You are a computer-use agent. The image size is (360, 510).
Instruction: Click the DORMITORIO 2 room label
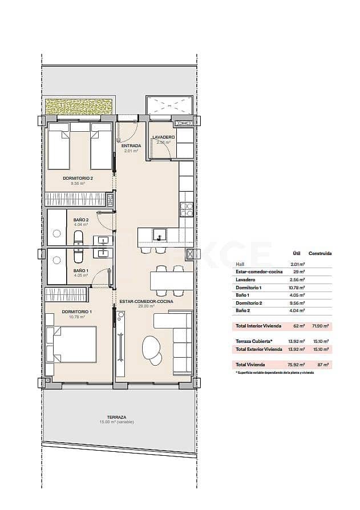coord(78,178)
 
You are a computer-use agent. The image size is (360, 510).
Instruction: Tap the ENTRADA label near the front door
coord(131,146)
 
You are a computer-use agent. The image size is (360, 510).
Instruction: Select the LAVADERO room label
coord(163,137)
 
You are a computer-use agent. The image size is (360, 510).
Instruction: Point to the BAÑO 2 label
coord(81,220)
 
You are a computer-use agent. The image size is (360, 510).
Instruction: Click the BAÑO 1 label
coord(81,270)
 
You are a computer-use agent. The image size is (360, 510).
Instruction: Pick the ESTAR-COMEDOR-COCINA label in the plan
coord(146,301)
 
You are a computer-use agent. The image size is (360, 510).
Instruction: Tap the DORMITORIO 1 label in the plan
coord(78,311)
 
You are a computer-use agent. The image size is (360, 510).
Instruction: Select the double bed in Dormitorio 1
coord(71,344)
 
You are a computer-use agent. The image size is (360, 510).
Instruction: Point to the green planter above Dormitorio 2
coord(79,106)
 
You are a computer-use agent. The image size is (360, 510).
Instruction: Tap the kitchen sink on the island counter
coord(160,234)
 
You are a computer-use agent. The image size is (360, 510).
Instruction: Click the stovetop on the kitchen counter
coord(186,210)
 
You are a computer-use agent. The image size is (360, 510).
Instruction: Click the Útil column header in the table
coord(296,253)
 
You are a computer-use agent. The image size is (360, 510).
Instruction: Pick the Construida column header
coord(320,253)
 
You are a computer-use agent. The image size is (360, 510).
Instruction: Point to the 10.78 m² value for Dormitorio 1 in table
coord(296,288)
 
